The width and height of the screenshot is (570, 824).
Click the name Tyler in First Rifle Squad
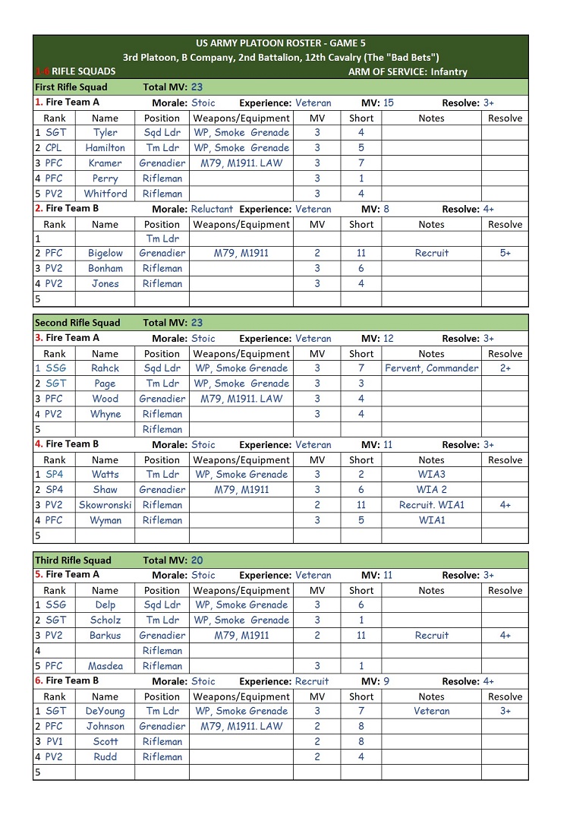point(105,133)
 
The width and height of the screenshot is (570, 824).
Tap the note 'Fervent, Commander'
point(431,368)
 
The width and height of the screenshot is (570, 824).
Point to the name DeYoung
point(105,712)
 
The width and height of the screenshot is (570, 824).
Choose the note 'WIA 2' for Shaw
point(431,490)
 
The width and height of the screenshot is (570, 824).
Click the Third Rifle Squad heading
point(73,560)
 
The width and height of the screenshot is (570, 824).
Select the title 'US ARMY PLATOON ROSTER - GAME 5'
point(280,43)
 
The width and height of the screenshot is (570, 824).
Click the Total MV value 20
point(197,560)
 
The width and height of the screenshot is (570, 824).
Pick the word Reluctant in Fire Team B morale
point(213,209)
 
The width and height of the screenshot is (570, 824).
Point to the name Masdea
point(105,666)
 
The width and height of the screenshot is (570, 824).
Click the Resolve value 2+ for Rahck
point(505,368)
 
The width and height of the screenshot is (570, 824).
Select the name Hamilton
point(105,148)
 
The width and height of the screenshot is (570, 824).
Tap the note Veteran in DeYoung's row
point(431,712)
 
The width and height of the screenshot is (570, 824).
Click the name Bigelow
point(105,253)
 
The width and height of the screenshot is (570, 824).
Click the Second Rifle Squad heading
point(77,323)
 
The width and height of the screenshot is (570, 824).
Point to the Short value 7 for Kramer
point(361,163)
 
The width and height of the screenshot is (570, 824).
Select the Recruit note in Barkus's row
point(431,636)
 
